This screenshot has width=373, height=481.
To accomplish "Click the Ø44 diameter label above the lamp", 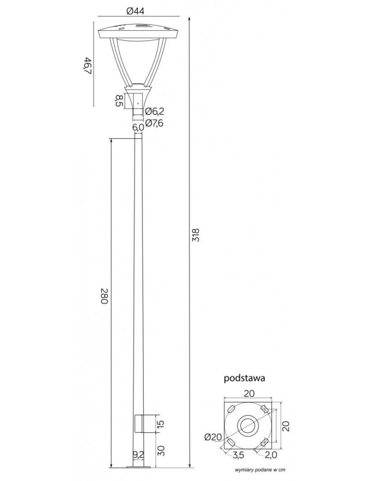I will [x=138, y=12].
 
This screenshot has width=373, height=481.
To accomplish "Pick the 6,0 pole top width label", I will [x=138, y=127].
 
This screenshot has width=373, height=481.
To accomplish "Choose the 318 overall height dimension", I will [x=195, y=234].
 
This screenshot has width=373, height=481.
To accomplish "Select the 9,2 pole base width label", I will [x=138, y=454].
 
